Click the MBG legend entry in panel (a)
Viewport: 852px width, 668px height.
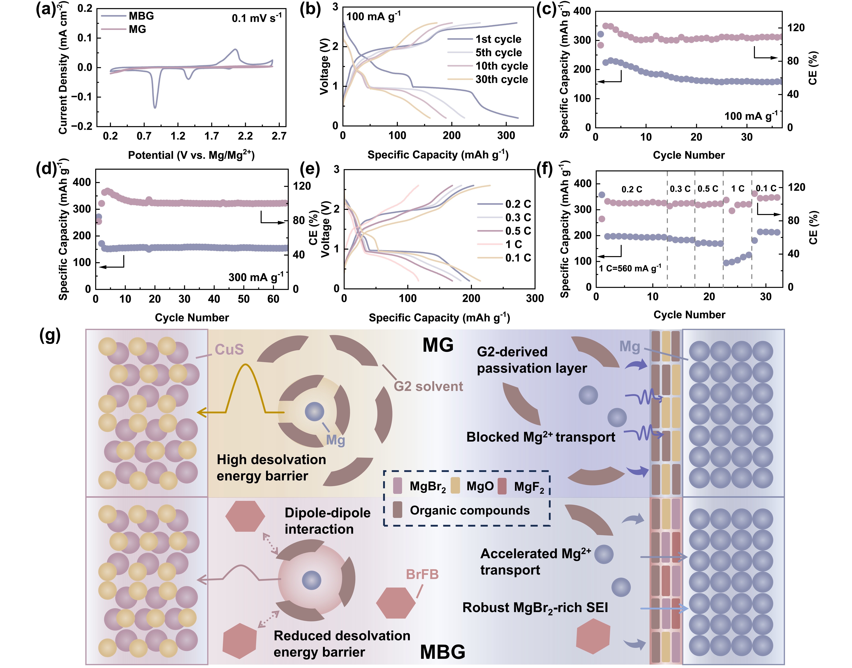(141, 16)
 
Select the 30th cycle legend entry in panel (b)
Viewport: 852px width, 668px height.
(502, 79)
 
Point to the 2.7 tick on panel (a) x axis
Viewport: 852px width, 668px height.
(279, 136)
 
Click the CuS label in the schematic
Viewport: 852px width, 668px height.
(229, 349)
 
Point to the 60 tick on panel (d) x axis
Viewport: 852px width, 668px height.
(273, 299)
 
